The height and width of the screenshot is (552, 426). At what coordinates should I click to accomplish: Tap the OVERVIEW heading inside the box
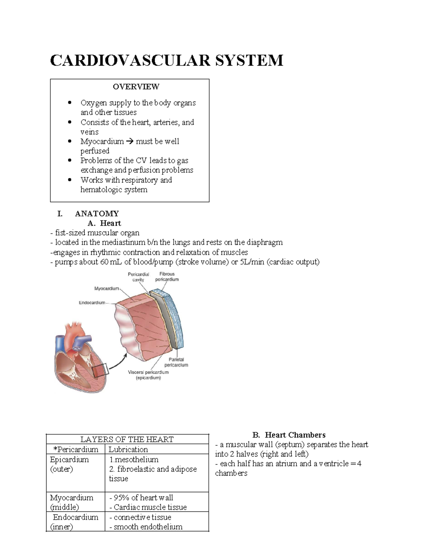(x=136, y=87)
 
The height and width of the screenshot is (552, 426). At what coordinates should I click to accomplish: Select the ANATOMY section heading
(x=97, y=214)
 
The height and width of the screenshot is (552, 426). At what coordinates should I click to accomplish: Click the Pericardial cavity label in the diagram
(x=138, y=277)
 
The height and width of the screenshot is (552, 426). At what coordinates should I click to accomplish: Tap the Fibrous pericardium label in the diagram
(x=167, y=277)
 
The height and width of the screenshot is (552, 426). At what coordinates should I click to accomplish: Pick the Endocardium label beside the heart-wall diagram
(x=92, y=303)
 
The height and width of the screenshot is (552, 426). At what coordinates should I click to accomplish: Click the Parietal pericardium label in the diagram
(x=176, y=362)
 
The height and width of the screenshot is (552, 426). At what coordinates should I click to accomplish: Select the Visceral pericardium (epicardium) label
(x=148, y=375)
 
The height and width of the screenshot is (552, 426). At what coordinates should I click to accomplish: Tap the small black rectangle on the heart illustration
(x=100, y=371)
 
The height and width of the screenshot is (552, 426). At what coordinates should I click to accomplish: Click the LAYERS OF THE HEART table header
(x=127, y=439)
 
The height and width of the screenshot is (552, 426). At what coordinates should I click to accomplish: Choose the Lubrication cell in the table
(x=128, y=449)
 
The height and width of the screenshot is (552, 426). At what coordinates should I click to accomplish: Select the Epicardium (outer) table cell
(x=69, y=464)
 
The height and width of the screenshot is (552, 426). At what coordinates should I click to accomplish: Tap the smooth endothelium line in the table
(x=148, y=527)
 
